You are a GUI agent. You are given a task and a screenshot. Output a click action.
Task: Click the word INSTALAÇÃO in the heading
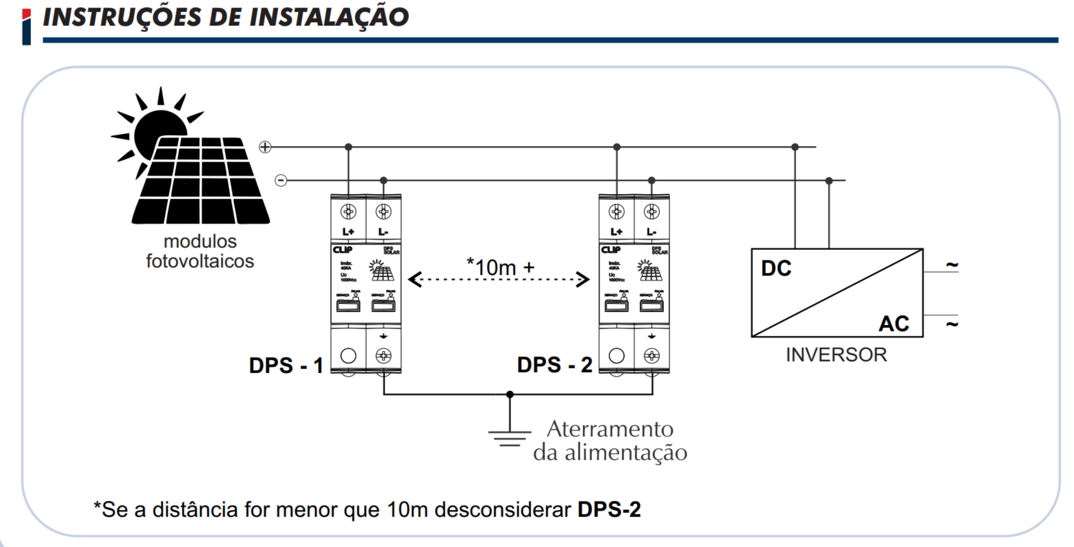tap(329, 17)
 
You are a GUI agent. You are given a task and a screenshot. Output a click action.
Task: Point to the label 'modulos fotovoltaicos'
tap(200, 251)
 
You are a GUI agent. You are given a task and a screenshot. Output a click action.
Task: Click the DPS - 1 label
tap(286, 365)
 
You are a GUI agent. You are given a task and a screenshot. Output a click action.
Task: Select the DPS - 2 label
tap(555, 365)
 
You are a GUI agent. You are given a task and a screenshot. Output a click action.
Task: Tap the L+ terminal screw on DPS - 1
tap(348, 212)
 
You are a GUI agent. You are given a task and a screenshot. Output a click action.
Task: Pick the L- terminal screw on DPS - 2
tap(652, 212)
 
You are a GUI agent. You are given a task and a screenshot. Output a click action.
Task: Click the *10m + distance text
tap(500, 267)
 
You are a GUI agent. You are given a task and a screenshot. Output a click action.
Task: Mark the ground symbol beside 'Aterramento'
tap(510, 438)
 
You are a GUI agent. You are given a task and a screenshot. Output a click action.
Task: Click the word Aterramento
tap(610, 429)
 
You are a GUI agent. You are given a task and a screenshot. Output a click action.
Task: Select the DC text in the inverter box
tap(776, 268)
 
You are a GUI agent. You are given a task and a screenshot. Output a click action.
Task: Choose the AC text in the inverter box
tap(894, 323)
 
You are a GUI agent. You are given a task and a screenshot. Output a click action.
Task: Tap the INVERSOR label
tap(836, 355)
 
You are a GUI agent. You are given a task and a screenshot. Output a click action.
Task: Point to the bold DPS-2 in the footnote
tap(609, 510)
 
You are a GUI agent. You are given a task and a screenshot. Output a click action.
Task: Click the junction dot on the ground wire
tap(510, 394)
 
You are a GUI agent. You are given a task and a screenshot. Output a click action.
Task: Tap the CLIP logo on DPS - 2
tap(611, 250)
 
